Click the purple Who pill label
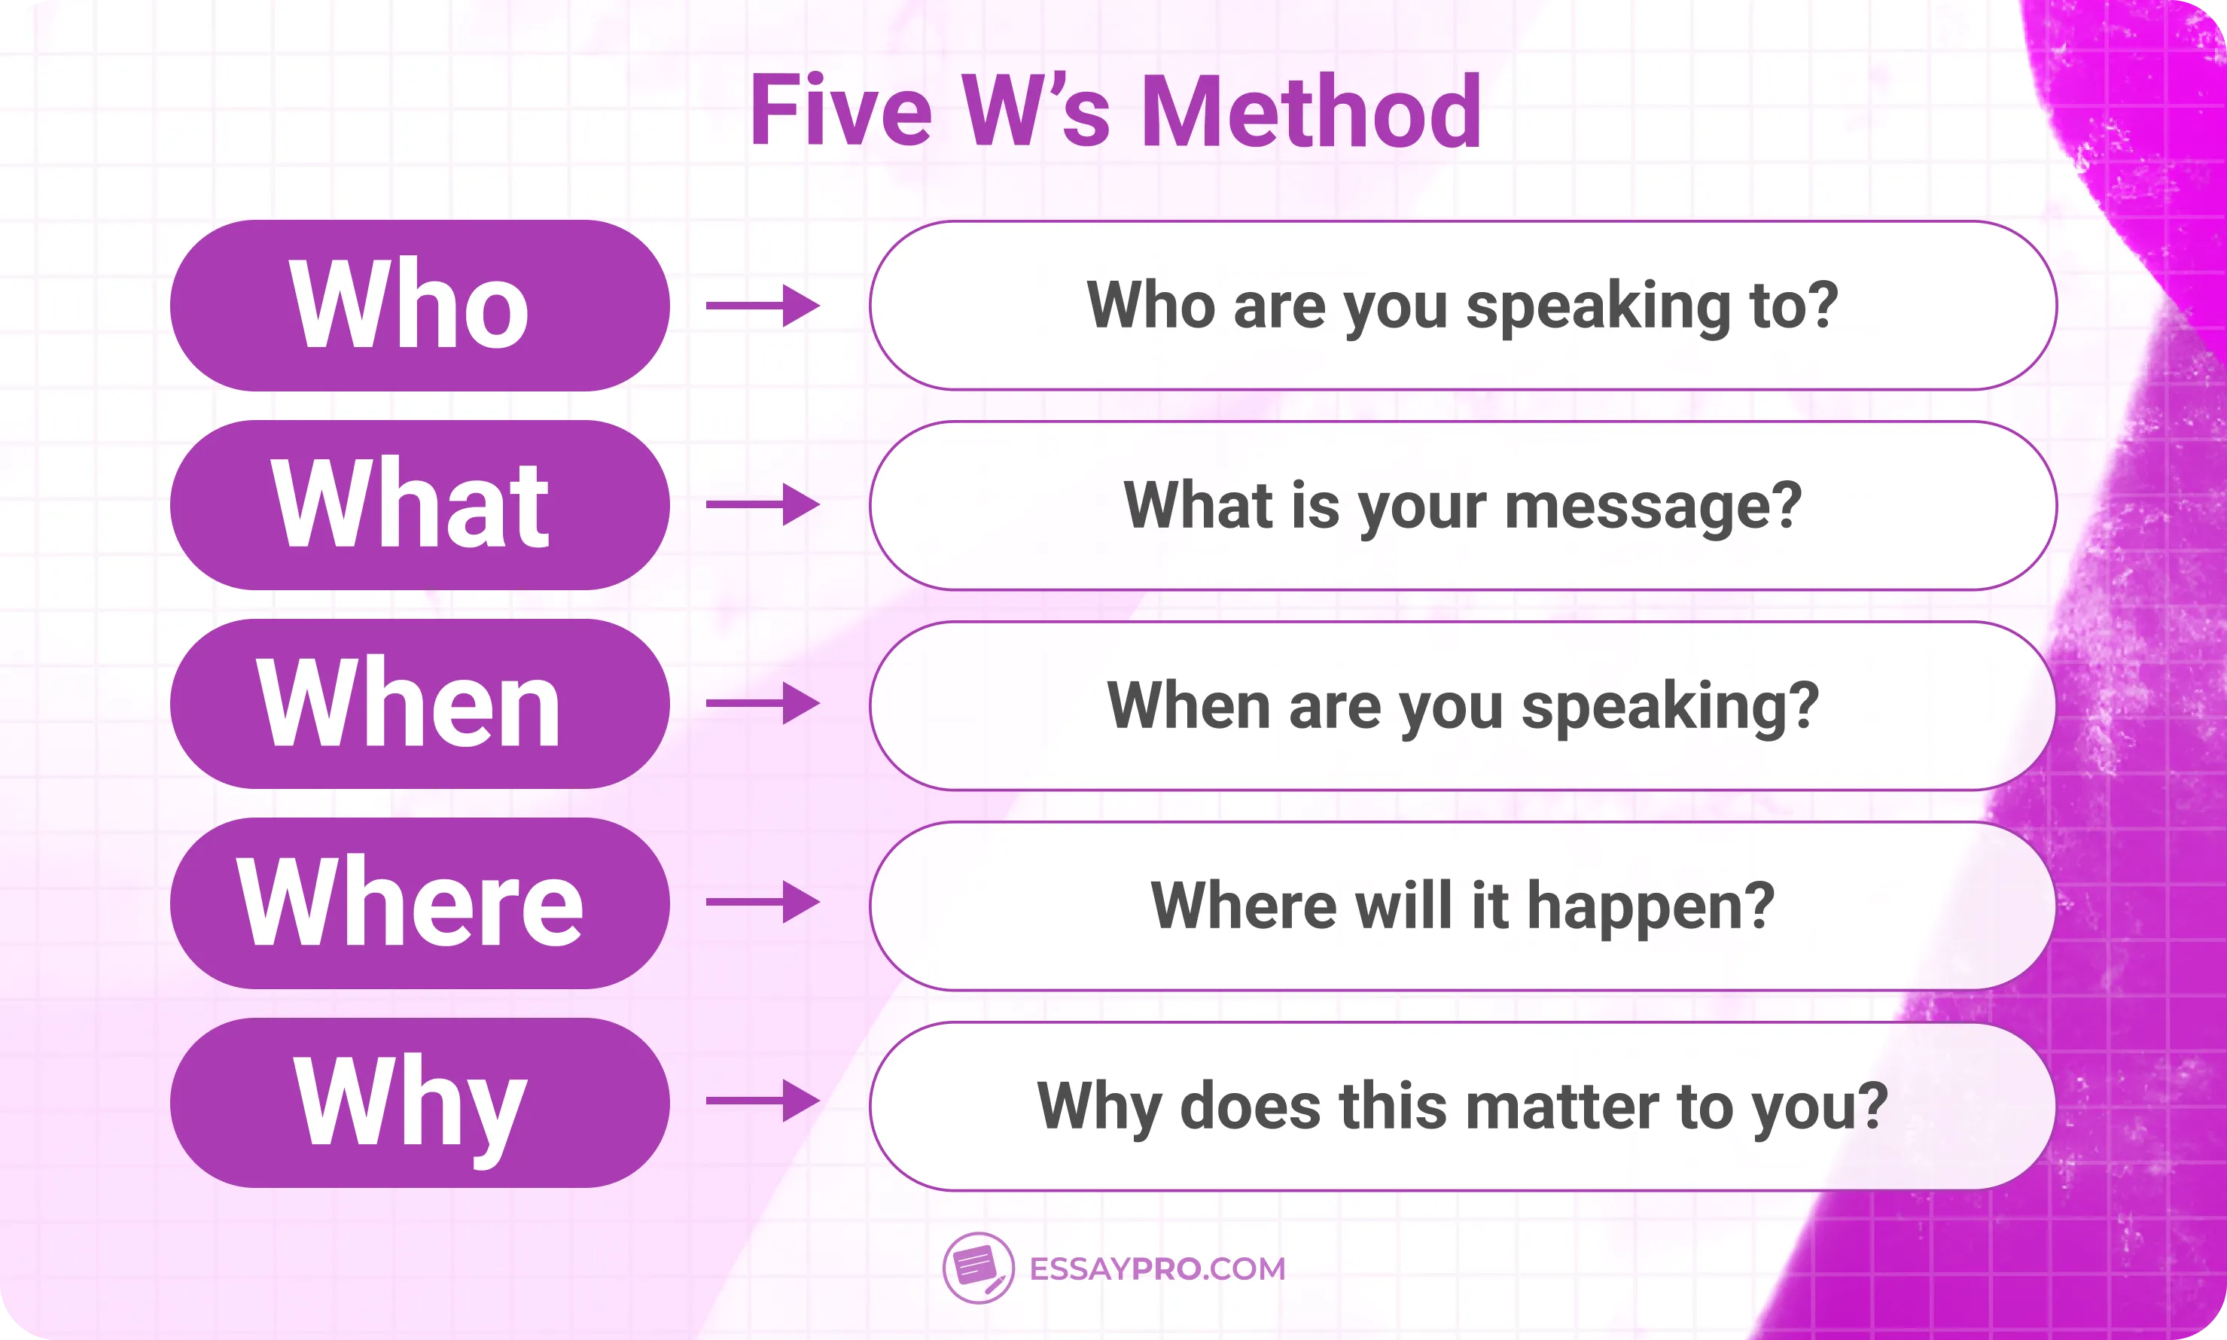[419, 305]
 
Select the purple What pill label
[419, 504]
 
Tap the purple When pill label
[419, 703]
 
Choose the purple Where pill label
[419, 903]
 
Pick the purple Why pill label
[419, 1103]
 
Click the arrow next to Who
[762, 305]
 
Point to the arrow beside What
[762, 504]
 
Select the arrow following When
[762, 703]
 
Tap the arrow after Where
[762, 902]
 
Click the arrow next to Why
[762, 1101]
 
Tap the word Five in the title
[841, 112]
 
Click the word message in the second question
[1641, 507]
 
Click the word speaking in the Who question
[1598, 307]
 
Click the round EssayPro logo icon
[977, 1268]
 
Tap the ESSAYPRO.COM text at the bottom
[1157, 1268]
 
